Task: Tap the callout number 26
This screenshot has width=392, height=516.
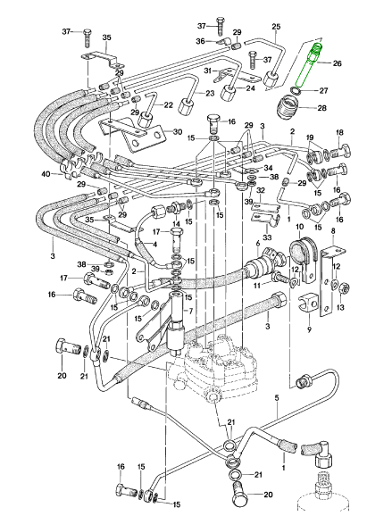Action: click(338, 62)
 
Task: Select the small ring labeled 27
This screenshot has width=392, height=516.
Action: click(296, 90)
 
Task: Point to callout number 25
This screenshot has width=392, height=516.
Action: click(276, 27)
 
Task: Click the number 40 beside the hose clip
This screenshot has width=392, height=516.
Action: click(46, 174)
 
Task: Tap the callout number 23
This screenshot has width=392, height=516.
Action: click(210, 94)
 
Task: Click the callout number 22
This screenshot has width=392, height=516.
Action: click(168, 105)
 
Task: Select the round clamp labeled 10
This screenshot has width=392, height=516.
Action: click(303, 257)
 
